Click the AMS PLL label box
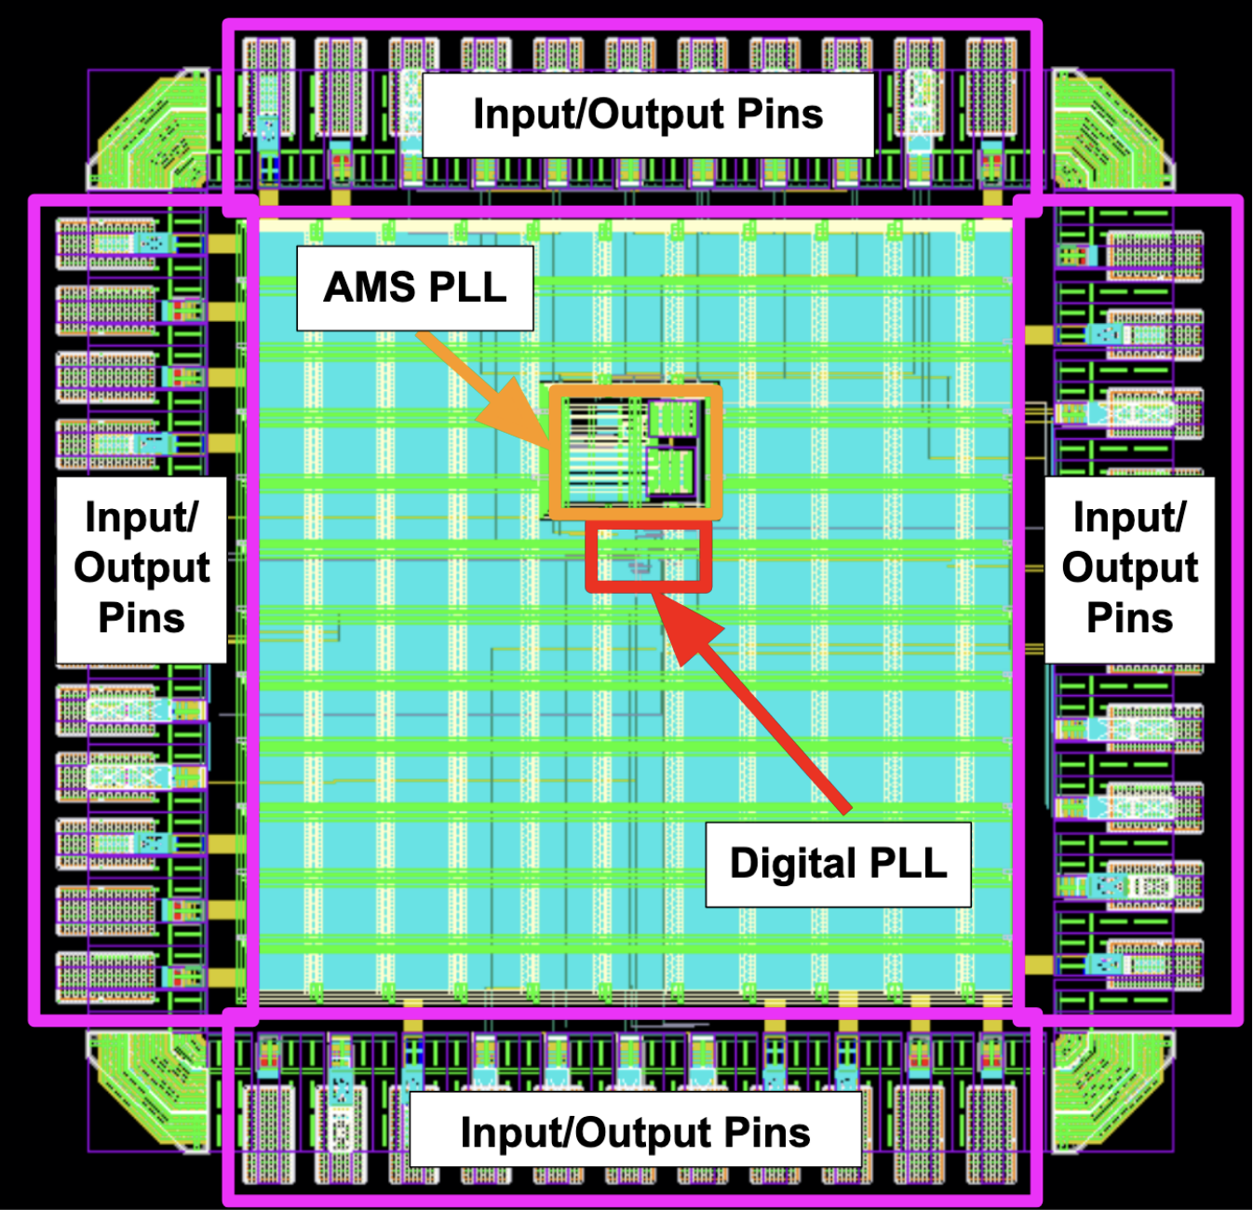[414, 288]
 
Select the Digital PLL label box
[838, 864]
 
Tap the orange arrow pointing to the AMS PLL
[483, 391]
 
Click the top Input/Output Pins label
[648, 114]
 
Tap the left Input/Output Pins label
[141, 570]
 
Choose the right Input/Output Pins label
[1129, 570]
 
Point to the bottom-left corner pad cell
[149, 1091]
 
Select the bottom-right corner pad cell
[1112, 1091]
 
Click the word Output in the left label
[141, 570]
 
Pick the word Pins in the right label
[1129, 618]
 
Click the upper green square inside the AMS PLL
[673, 419]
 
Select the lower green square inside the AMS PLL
[670, 472]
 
